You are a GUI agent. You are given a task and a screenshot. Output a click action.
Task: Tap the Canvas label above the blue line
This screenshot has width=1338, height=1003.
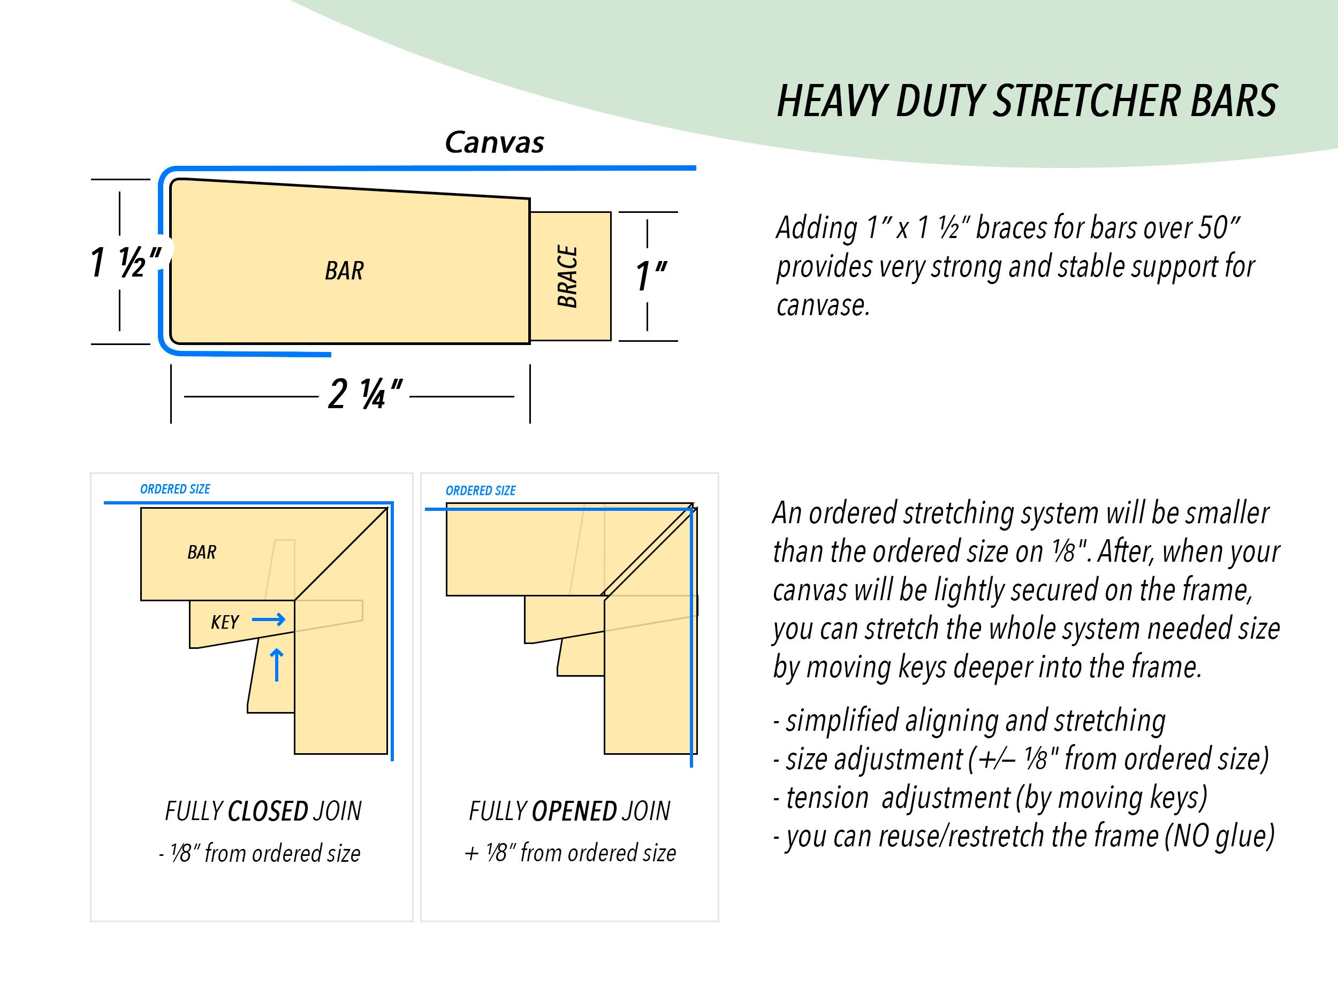pos(494,143)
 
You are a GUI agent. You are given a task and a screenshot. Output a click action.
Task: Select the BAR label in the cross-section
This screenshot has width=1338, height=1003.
pos(344,271)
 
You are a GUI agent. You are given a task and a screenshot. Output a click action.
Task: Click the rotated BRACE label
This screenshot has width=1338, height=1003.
pos(568,277)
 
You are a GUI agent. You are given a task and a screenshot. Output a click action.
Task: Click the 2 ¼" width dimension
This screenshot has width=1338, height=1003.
pos(364,395)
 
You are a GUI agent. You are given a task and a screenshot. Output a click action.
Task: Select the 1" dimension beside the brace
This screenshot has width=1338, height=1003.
pos(650,277)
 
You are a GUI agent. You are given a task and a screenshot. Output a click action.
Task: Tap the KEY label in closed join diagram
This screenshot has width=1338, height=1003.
pos(224,622)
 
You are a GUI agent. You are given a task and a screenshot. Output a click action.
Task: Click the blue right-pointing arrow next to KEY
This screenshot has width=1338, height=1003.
pos(269,619)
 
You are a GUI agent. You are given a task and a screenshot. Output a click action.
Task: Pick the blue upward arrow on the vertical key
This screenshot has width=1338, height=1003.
pos(277,665)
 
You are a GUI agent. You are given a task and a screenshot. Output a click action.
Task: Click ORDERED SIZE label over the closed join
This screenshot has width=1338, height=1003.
pos(175,489)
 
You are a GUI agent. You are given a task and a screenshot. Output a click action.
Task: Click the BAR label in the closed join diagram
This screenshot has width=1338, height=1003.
pos(201,552)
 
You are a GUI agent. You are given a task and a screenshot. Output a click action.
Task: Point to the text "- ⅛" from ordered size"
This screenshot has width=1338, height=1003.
pos(260,854)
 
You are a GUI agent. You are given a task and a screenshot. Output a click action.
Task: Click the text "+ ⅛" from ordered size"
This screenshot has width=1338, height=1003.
pos(570,853)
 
